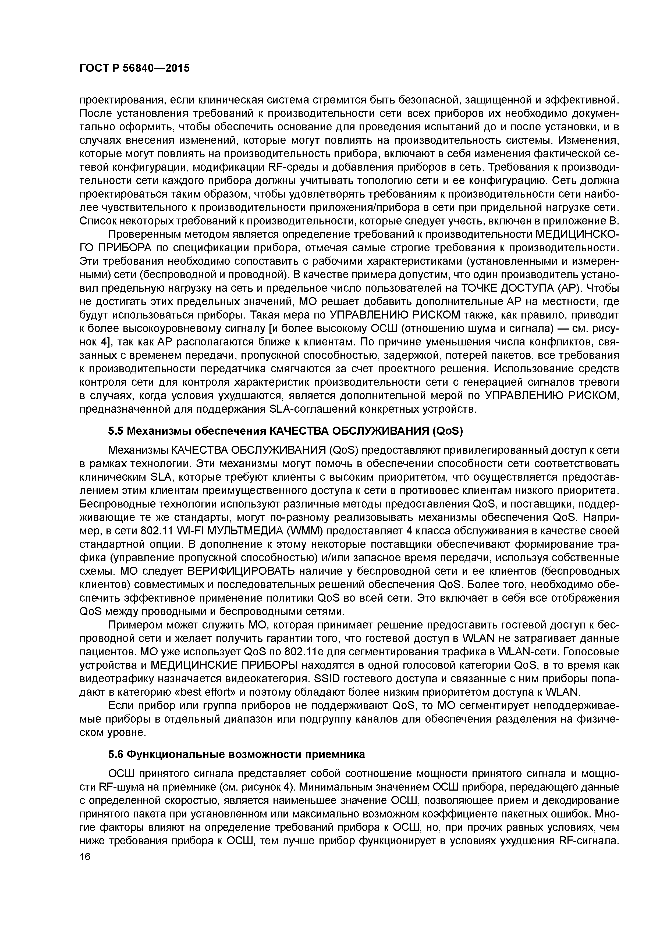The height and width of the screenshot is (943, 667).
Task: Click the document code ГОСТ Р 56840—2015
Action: [134, 68]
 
